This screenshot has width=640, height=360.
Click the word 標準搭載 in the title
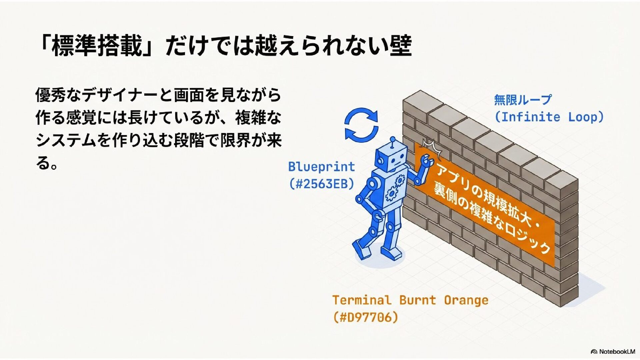point(97,46)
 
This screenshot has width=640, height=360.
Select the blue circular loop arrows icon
point(361,125)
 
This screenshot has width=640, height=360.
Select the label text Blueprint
point(321,166)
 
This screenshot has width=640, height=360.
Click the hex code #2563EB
point(321,184)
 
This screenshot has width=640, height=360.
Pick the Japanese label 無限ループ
point(522,100)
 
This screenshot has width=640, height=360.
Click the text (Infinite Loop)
point(549,117)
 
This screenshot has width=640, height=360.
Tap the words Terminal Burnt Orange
point(410,300)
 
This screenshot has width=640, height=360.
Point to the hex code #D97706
point(365,317)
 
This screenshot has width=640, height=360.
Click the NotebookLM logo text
point(616,352)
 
